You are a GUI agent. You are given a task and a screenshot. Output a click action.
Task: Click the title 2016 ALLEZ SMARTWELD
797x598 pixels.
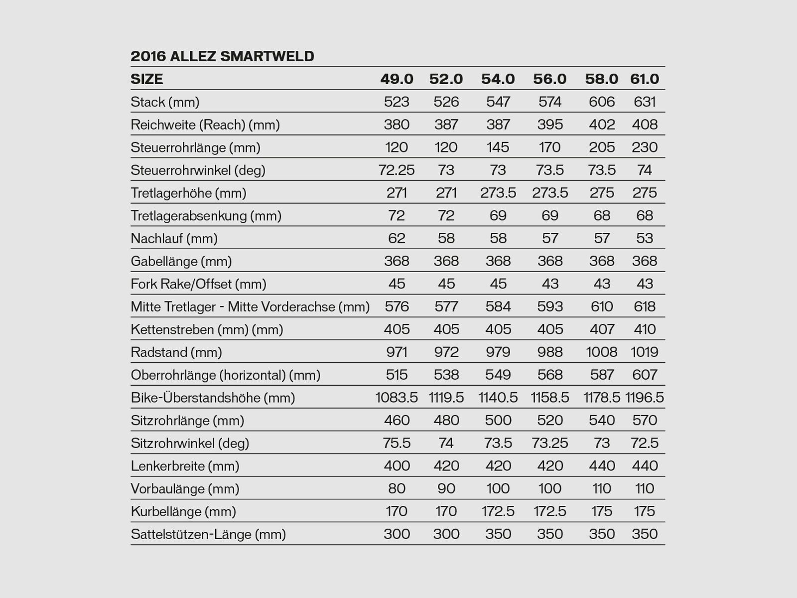click(x=222, y=56)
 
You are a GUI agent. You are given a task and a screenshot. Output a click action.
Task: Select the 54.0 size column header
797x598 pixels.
click(x=498, y=79)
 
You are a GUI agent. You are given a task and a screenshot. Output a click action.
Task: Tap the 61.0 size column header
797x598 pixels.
click(x=644, y=79)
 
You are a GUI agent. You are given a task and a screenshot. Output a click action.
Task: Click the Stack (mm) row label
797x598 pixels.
click(x=165, y=102)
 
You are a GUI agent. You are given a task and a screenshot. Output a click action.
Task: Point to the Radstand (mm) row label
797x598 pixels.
click(x=176, y=352)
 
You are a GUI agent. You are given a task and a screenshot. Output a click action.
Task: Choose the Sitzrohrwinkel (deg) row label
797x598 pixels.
click(x=190, y=444)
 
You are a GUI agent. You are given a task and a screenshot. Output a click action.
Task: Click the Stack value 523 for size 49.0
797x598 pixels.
click(x=397, y=102)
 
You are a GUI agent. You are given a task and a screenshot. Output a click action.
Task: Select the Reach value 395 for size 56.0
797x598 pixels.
click(x=550, y=125)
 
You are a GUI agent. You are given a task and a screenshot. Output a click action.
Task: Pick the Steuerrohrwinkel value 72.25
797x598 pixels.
click(x=397, y=170)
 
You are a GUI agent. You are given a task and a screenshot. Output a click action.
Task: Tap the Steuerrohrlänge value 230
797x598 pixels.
click(x=645, y=148)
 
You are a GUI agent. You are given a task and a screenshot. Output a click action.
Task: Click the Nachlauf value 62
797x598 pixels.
click(x=397, y=239)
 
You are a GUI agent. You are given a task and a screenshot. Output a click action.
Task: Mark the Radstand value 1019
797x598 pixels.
click(x=645, y=352)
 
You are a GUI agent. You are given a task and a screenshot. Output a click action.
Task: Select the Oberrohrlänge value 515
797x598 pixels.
click(x=397, y=375)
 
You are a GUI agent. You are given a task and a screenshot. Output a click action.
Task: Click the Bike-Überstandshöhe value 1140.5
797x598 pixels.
click(x=498, y=398)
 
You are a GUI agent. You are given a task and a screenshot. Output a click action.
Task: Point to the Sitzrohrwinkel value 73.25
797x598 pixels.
click(x=550, y=444)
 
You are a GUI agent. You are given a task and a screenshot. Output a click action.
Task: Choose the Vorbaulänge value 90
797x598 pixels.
click(x=446, y=489)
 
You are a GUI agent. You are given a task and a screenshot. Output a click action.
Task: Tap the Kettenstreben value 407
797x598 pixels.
click(x=602, y=329)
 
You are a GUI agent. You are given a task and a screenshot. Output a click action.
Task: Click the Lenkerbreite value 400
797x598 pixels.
click(x=397, y=466)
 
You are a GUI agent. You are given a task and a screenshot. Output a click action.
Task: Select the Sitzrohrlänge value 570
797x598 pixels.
click(x=645, y=421)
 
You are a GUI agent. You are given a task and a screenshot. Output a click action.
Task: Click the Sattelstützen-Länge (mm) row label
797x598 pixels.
click(x=208, y=535)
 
